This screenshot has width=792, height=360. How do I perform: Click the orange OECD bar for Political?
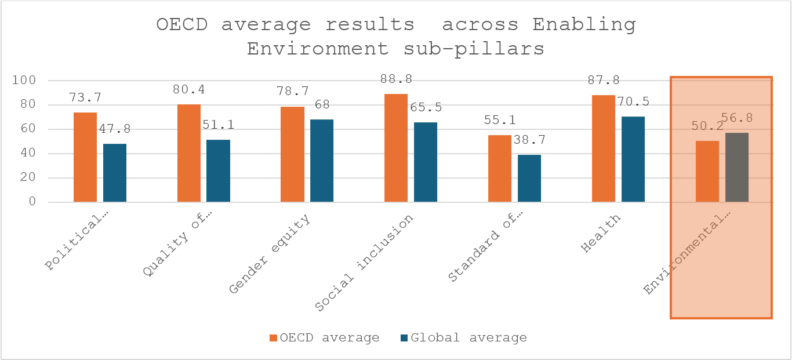85,157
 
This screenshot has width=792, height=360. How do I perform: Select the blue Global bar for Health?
633,159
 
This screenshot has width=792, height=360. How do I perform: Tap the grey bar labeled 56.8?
737,168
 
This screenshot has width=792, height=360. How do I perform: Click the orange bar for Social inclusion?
396,148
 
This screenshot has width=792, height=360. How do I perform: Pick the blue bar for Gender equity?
322,161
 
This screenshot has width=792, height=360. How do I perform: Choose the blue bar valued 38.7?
529,179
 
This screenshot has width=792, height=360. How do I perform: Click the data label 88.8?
395,79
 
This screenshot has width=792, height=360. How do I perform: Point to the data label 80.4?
188,90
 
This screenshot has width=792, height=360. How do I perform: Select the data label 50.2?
707,126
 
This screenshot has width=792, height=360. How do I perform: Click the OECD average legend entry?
325,338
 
